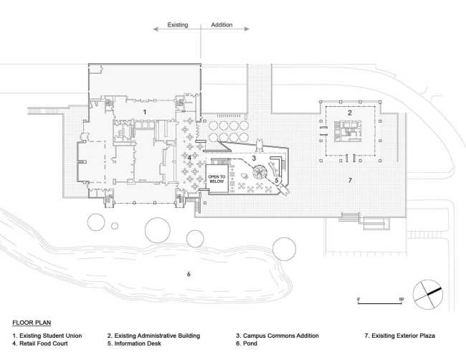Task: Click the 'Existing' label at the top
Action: [177, 25]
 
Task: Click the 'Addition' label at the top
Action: [222, 25]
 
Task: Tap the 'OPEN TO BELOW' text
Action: [217, 179]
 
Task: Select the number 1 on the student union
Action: [145, 112]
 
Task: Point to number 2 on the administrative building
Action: [350, 113]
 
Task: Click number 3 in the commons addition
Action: [254, 158]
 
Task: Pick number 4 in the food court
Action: [189, 158]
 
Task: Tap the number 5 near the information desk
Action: [277, 180]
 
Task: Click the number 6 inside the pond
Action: [189, 274]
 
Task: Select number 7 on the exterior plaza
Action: [350, 180]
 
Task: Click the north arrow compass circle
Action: [428, 295]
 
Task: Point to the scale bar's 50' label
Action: [401, 299]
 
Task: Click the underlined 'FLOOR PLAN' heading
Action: [32, 323]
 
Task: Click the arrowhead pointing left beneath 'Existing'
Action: [156, 29]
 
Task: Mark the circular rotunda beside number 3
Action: [260, 172]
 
